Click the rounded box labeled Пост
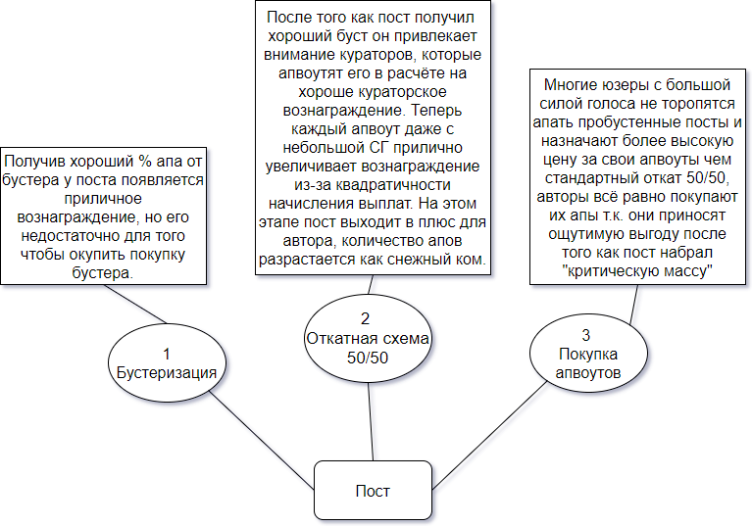(373, 490)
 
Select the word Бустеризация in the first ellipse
(167, 372)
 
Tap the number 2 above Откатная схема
(365, 318)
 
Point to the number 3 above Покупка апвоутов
(585, 335)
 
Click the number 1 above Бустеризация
(167, 354)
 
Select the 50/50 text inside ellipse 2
(368, 358)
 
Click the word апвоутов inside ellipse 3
(588, 372)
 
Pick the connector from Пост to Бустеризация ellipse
(262, 441)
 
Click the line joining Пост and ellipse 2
(371, 422)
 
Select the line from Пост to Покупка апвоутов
(489, 436)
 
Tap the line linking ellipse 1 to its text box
(135, 305)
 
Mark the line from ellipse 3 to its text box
(634, 306)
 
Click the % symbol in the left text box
(145, 161)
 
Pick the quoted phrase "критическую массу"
(637, 271)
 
